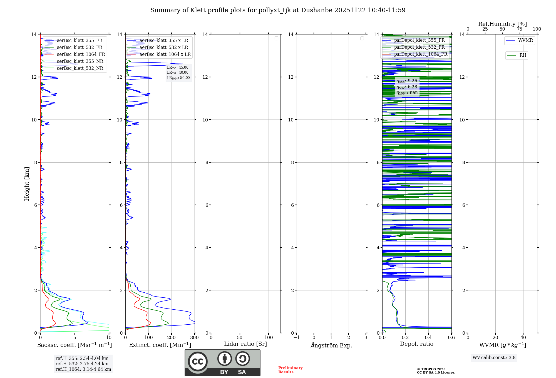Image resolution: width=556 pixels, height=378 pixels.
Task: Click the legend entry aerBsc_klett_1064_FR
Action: tap(81, 54)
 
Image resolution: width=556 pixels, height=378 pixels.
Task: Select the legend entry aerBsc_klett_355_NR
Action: tap(80, 61)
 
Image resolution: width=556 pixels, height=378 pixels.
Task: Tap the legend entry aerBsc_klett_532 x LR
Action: tap(163, 48)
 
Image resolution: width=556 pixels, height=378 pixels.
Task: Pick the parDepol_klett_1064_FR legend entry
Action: tap(420, 54)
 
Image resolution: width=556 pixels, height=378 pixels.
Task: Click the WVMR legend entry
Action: tap(525, 40)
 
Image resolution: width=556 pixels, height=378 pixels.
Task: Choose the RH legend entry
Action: tap(522, 55)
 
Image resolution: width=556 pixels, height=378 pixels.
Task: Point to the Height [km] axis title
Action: tap(27, 184)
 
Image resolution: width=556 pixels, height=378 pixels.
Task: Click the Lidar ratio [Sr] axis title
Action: tap(245, 344)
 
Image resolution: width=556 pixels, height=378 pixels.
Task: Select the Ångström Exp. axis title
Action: tap(331, 345)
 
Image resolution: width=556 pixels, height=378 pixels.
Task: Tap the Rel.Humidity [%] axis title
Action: tap(502, 24)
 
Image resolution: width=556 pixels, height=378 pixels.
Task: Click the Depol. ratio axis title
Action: tap(416, 344)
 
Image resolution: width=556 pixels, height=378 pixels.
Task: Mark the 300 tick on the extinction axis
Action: tap(194, 338)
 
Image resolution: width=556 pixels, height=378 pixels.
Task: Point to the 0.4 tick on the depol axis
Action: tap(428, 338)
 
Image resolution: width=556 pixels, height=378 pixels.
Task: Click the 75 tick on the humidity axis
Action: tap(519, 29)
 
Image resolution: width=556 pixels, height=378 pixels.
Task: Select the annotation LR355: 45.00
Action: tap(178, 68)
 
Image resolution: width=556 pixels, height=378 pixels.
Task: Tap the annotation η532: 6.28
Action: tap(407, 87)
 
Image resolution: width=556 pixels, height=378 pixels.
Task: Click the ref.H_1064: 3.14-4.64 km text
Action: tap(83, 369)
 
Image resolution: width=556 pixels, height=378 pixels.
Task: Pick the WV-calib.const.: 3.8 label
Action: tap(494, 358)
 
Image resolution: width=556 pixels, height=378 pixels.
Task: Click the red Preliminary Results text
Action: tap(290, 370)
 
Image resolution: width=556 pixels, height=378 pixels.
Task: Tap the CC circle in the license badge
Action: tap(198, 362)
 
